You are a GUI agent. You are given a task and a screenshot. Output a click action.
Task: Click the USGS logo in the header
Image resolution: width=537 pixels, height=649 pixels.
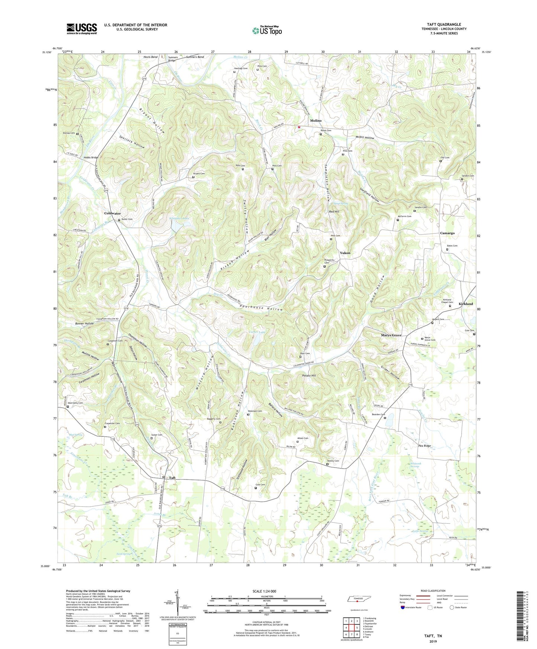pyautogui.click(x=81, y=29)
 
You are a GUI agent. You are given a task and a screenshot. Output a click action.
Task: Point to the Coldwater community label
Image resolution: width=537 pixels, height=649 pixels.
pyautogui.click(x=112, y=213)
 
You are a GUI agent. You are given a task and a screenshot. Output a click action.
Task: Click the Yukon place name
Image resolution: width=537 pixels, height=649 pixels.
pyautogui.click(x=345, y=253)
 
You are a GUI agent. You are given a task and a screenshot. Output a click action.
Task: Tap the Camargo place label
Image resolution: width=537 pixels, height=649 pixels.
pyautogui.click(x=447, y=233)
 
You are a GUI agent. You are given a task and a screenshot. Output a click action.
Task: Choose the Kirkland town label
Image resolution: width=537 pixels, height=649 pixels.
pyautogui.click(x=466, y=304)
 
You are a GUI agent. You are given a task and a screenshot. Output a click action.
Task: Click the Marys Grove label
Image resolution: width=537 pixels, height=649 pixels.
pyautogui.click(x=391, y=335)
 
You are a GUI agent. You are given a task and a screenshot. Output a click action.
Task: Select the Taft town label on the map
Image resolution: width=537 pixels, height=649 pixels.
pyautogui.click(x=172, y=478)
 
